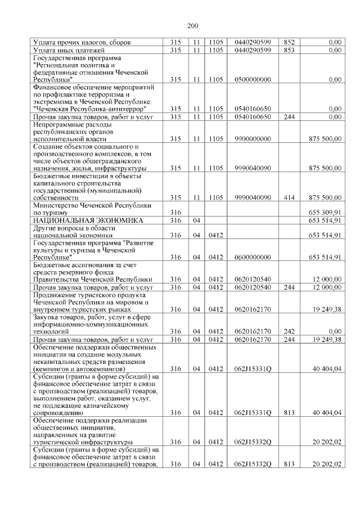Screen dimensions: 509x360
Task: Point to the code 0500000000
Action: point(253,80)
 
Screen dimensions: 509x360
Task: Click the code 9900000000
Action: point(253,138)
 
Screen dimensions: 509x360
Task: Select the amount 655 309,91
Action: point(325,212)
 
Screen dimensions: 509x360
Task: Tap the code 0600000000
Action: point(253,257)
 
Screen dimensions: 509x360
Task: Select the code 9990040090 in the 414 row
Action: point(253,197)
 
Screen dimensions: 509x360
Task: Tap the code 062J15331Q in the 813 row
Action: point(253,413)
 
